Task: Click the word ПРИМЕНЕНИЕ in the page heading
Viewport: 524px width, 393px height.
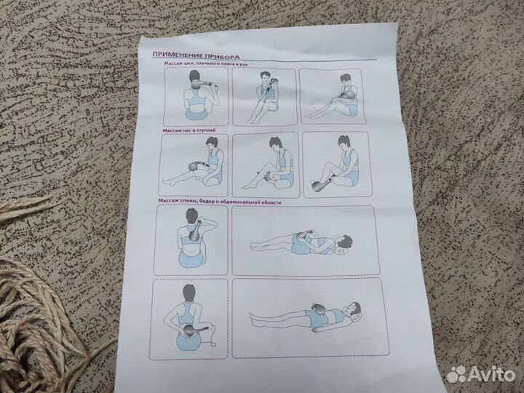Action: [x=173, y=55]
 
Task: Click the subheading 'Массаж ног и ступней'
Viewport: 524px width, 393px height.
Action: [x=189, y=130]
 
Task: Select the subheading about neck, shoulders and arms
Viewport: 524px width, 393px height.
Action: [x=205, y=63]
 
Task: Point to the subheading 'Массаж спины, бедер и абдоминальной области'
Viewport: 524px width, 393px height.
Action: [x=220, y=201]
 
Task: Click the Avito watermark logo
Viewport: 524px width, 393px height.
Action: [x=480, y=373]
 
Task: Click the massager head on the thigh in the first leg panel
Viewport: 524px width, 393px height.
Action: [x=194, y=166]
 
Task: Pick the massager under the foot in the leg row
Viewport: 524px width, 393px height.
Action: [x=320, y=185]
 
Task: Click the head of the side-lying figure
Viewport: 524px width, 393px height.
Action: [x=344, y=242]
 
